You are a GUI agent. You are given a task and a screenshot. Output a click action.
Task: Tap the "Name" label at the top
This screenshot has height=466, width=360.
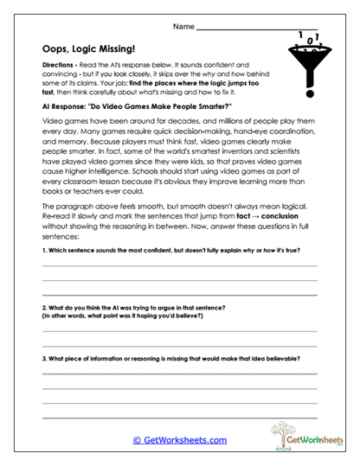click(x=183, y=28)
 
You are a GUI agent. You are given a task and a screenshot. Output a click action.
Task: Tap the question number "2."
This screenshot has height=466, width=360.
click(x=44, y=308)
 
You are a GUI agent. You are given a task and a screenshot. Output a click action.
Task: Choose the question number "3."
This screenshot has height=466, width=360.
click(x=44, y=358)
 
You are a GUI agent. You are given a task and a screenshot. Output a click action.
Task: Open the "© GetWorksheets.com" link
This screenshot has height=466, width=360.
click(x=179, y=440)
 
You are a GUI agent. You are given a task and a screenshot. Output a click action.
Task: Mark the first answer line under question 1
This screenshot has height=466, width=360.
click(x=179, y=265)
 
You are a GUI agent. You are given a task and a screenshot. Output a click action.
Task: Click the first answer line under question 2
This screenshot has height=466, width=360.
click(x=179, y=330)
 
